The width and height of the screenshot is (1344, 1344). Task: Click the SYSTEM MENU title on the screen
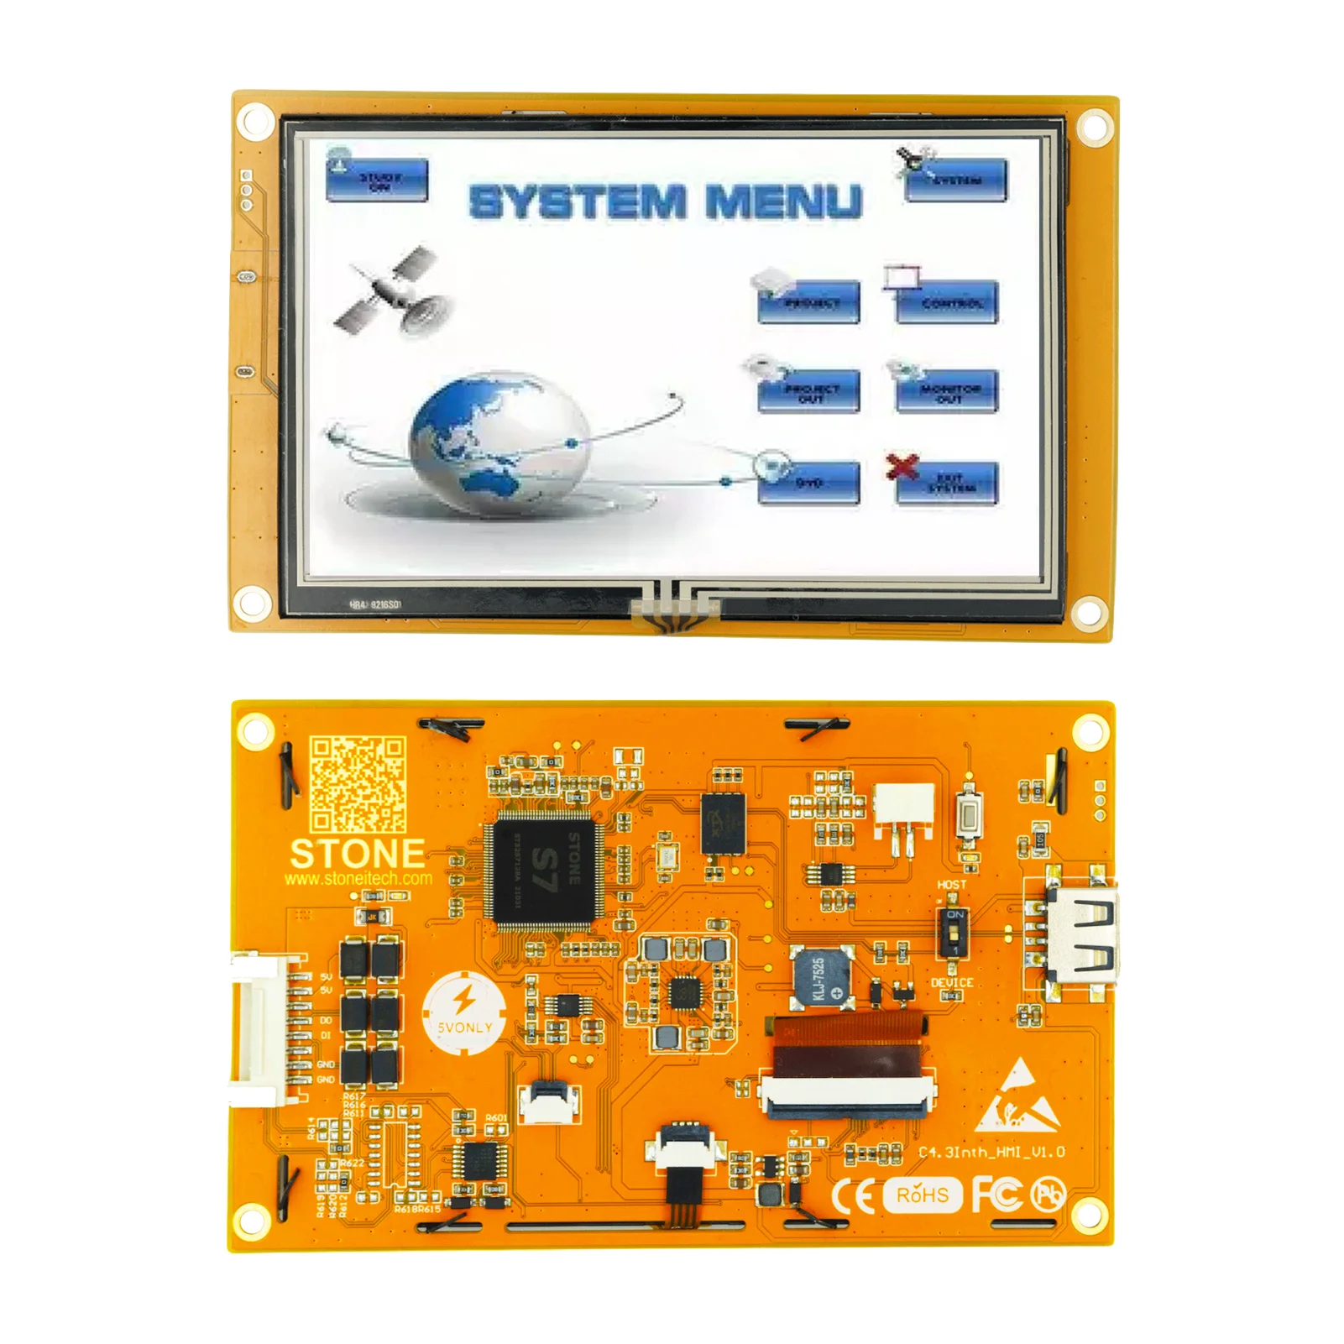666,202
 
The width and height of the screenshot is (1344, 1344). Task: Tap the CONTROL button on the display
947,302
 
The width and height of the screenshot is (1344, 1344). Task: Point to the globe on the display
499,441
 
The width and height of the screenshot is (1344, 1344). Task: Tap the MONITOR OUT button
947,392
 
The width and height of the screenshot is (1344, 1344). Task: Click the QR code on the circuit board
358,784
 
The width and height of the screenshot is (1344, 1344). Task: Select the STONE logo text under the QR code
358,854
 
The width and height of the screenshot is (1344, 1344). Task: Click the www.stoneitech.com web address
358,879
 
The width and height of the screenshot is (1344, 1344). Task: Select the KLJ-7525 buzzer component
824,978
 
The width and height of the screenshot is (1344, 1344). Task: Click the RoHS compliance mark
923,1195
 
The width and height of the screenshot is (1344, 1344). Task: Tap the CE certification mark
853,1195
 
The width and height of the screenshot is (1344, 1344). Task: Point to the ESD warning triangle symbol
1018,1096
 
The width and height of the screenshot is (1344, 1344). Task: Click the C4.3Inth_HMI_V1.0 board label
991,1152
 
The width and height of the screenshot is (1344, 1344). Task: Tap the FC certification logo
997,1194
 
